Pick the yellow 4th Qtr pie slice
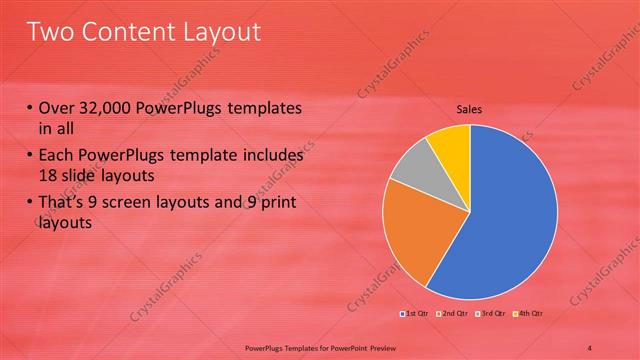click(x=451, y=143)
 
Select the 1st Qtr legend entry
click(x=415, y=315)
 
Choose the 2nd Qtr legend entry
click(x=453, y=315)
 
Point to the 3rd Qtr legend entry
click(x=491, y=315)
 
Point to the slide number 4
click(x=590, y=346)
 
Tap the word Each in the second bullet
click(x=57, y=157)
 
